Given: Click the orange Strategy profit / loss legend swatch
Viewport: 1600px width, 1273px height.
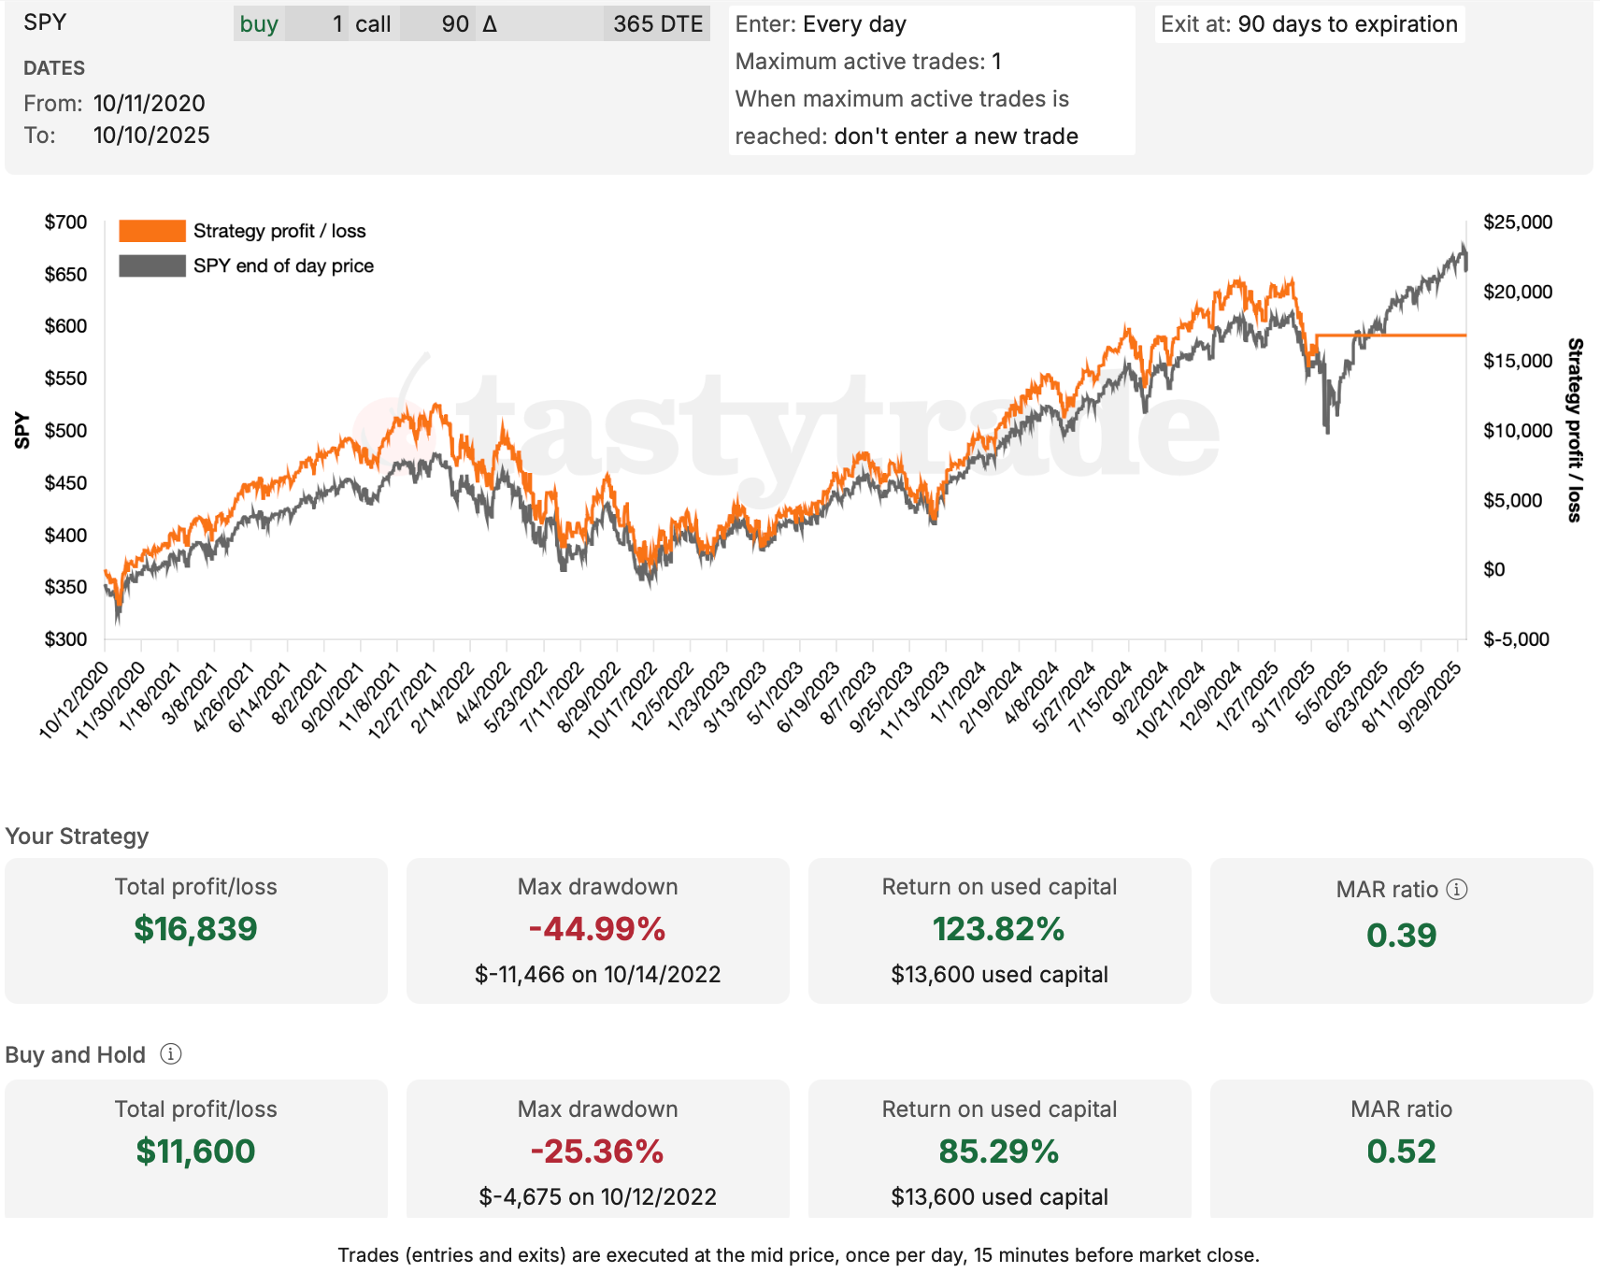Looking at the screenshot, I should tap(152, 231).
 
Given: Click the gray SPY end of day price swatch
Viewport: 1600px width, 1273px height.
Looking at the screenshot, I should tap(152, 265).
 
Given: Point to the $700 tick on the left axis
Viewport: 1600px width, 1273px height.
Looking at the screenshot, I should tap(65, 222).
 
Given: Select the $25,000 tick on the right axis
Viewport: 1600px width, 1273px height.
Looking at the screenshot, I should tap(1517, 222).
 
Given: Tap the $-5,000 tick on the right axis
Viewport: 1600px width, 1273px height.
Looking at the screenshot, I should tap(1516, 639).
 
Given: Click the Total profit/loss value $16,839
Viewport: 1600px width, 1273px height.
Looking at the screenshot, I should tap(195, 929).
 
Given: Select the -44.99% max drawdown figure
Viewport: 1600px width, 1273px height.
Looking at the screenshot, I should tap(597, 929).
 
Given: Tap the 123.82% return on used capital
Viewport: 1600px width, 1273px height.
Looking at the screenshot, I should tap(998, 929).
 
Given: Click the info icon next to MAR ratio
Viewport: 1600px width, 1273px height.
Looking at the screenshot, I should tap(1456, 889).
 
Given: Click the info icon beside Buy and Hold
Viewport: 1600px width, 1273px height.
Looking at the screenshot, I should tap(170, 1054).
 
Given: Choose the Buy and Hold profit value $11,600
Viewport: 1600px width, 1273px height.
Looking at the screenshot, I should tap(195, 1151).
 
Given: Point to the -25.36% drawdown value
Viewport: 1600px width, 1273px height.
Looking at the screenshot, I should tap(597, 1151).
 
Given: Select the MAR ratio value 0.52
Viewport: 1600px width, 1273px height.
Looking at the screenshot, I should tap(1400, 1151).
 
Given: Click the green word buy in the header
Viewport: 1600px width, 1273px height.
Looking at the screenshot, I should tap(259, 24).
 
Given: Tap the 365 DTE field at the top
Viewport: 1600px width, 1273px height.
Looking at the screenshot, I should tap(657, 24).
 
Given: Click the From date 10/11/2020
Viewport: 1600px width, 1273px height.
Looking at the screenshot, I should tap(150, 103).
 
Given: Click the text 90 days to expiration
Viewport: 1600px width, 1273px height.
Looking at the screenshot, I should tap(1347, 24).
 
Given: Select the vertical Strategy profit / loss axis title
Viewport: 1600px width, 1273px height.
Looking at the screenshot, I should tap(1574, 430).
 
